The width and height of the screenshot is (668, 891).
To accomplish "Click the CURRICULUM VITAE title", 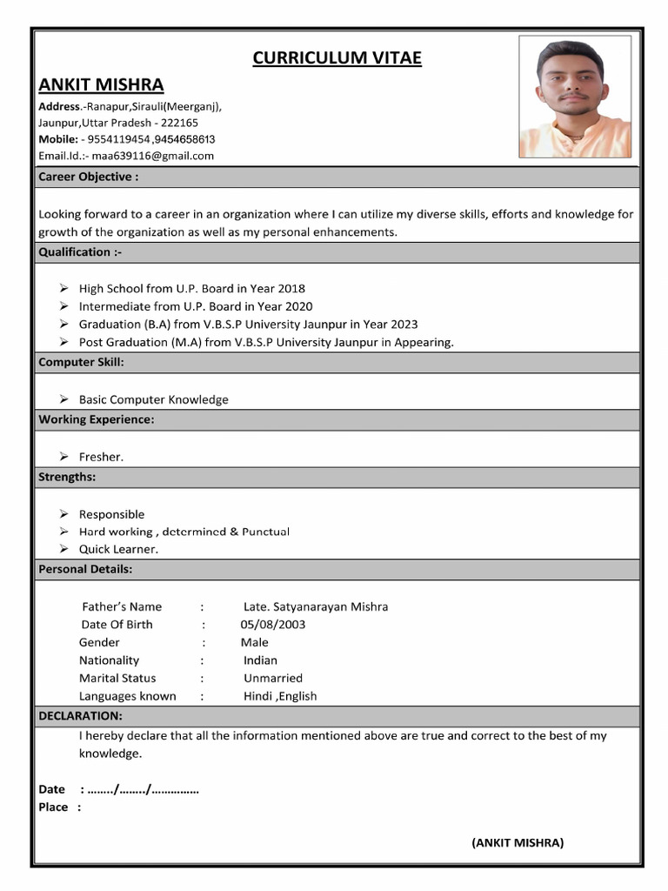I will (x=337, y=58).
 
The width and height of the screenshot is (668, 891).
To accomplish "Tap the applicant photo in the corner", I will (x=575, y=97).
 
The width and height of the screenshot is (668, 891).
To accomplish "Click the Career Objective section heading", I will (x=88, y=177).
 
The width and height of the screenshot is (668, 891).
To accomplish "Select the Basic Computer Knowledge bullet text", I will (x=154, y=399).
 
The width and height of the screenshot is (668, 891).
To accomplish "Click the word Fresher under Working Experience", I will (x=101, y=457).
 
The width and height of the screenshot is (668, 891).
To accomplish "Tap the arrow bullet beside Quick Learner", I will (x=63, y=549).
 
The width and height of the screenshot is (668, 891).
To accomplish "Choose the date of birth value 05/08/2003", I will (x=273, y=625).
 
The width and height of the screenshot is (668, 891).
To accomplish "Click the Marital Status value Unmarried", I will (x=273, y=678).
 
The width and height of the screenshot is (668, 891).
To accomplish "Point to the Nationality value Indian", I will (x=260, y=660).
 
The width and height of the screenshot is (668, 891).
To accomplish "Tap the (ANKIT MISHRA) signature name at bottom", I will (x=518, y=842).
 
